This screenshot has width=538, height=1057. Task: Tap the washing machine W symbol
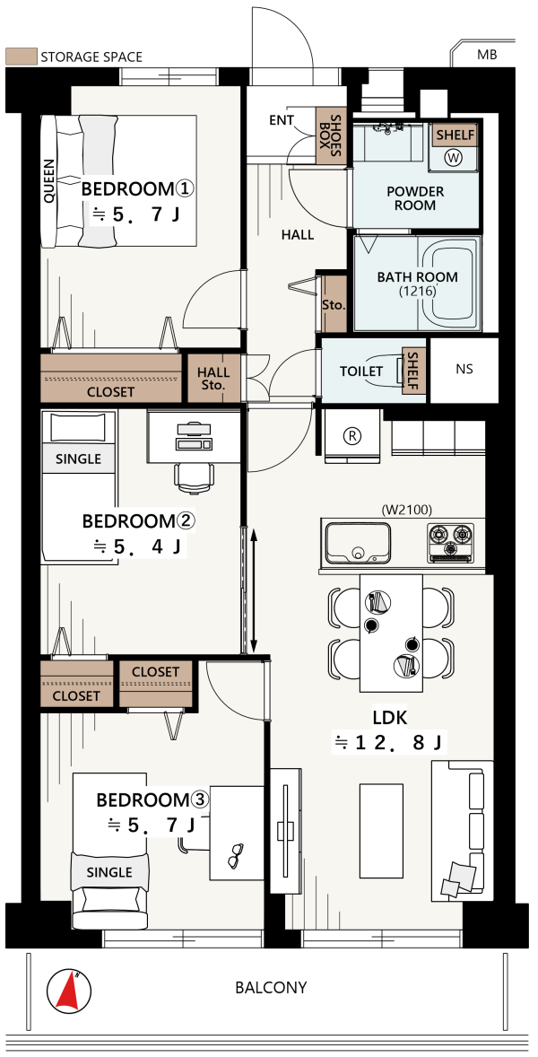tap(454, 158)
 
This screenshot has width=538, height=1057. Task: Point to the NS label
tap(464, 370)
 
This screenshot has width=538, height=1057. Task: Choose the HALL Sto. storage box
tap(213, 379)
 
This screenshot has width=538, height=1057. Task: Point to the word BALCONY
tap(271, 988)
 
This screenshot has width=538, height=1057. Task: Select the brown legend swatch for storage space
tap(20, 57)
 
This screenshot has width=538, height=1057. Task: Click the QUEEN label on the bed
tap(49, 180)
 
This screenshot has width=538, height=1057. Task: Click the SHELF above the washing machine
tap(455, 135)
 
